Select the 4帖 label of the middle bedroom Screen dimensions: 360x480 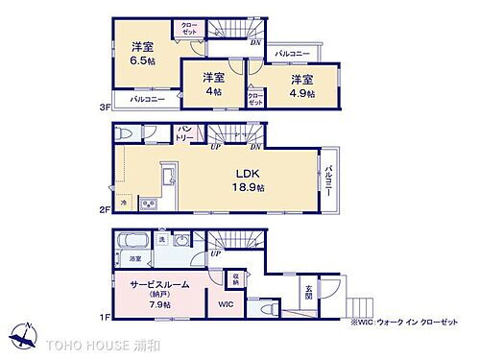213,92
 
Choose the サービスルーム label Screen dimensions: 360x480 155,284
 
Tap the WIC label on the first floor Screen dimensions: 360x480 225,304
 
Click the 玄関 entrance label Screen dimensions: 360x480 309,287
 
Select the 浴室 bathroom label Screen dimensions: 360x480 134,258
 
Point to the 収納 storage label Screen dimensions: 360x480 235,278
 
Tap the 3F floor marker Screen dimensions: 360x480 105,106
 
